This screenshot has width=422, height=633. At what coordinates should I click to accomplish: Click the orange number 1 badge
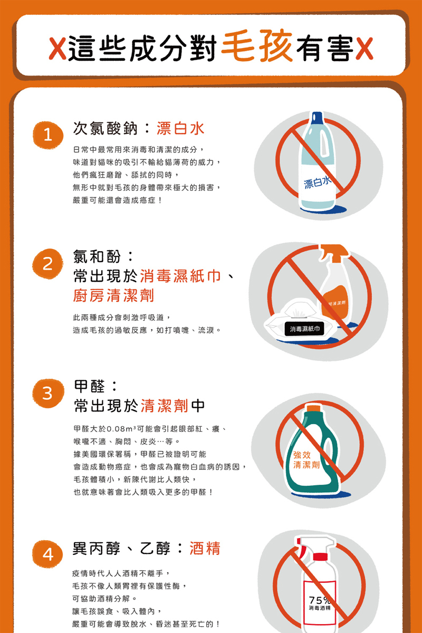48,135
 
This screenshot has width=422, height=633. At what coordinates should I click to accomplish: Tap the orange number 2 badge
47,264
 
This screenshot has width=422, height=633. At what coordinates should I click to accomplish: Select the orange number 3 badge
48,393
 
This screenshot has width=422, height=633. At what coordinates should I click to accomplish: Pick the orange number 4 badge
47,554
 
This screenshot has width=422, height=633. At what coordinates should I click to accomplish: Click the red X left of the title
57,49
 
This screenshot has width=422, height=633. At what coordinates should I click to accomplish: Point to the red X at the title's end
365,49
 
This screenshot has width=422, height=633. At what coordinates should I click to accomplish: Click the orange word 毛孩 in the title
257,45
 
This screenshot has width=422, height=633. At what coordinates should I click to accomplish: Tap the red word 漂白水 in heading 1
180,129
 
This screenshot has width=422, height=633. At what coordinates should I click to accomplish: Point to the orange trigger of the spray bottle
334,252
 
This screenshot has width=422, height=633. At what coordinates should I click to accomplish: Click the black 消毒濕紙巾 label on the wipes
304,329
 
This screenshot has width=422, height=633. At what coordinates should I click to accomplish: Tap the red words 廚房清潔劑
113,295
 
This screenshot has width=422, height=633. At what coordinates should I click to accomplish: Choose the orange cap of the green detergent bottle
314,409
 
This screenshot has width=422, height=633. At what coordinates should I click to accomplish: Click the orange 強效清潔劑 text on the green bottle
306,459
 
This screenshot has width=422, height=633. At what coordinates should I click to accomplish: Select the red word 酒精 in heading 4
205,548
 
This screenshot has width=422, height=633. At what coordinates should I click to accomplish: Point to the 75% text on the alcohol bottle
319,600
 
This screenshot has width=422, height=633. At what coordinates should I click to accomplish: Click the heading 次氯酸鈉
105,129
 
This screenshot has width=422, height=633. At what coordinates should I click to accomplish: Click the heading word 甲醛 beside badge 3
89,386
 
